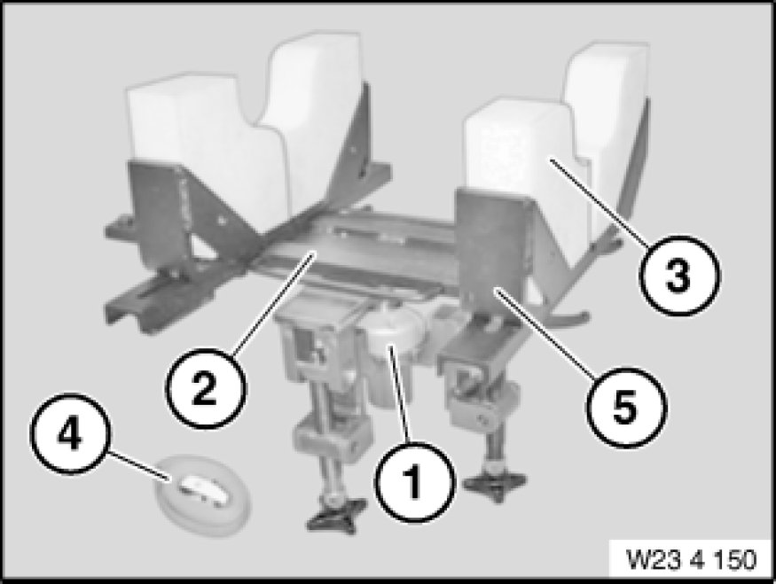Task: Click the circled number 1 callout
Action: [x=414, y=482]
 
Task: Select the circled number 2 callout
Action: [x=206, y=388]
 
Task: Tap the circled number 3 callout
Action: [x=679, y=276]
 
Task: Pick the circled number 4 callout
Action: [x=70, y=433]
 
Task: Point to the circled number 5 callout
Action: [x=626, y=408]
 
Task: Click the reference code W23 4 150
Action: [x=692, y=559]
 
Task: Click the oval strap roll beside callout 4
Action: [x=203, y=495]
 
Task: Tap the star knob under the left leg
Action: [x=336, y=514]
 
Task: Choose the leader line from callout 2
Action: [x=274, y=301]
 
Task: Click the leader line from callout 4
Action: [x=139, y=465]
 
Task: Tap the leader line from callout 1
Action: [x=399, y=395]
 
